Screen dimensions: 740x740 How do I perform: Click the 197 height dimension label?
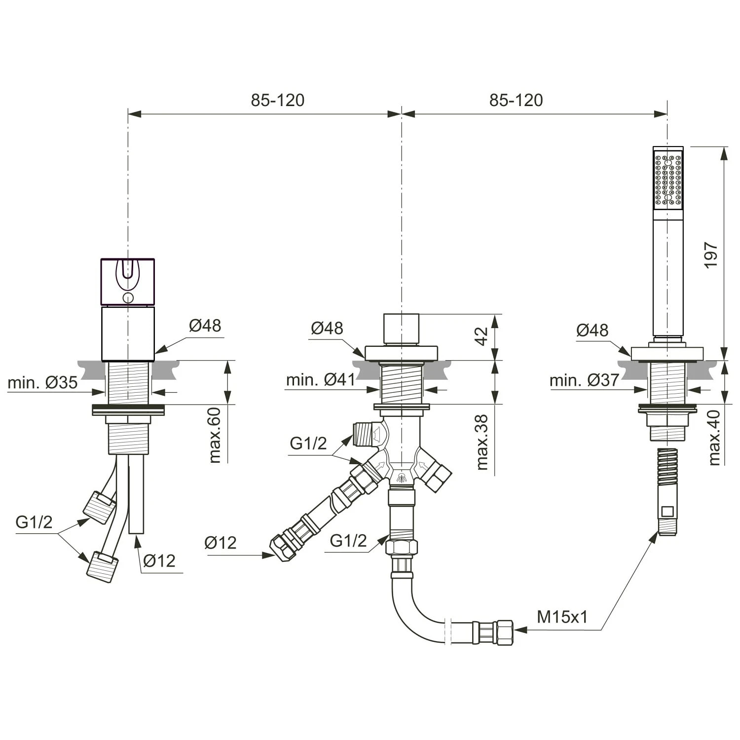tap(711, 255)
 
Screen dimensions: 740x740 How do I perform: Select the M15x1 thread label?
tap(562, 617)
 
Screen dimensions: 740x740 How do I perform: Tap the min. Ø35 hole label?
tap(43, 382)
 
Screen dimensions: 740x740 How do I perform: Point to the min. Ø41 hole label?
tap(321, 379)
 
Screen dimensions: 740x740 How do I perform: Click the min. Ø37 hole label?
tap(584, 380)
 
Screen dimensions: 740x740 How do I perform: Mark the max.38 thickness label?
tap(482, 442)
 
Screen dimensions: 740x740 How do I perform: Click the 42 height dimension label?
tap(481, 336)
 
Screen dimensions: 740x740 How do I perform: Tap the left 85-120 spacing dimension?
tap(277, 100)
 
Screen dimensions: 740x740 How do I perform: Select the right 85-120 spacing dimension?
tap(516, 100)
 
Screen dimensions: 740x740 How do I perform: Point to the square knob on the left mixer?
tap(128, 281)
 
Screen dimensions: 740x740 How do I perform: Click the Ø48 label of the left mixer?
tap(205, 326)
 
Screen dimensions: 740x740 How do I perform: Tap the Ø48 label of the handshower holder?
tap(592, 330)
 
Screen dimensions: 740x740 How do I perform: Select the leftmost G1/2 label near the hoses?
tap(34, 521)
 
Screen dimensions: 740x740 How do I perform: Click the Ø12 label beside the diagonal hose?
tap(221, 543)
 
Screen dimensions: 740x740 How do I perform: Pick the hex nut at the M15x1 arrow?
tap(504, 631)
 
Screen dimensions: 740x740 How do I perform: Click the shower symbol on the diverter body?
tap(402, 477)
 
